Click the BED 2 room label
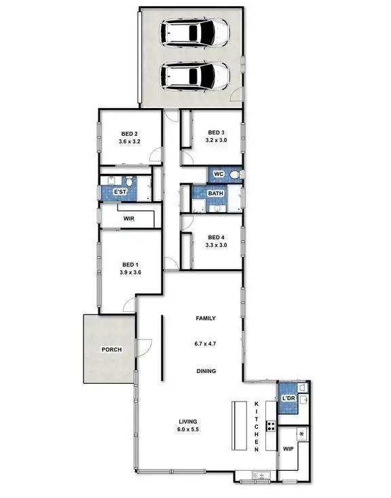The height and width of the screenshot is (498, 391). coord(130,133)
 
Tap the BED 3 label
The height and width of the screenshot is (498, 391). coord(216,132)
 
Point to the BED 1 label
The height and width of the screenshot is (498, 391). coord(130,264)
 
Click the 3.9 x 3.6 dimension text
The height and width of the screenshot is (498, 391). coord(130,273)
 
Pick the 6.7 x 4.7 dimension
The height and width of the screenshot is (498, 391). coord(205,344)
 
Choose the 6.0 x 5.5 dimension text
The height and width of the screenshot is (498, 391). coord(187,429)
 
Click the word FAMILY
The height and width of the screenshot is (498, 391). coord(205,318)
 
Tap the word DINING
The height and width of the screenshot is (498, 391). coord(205,371)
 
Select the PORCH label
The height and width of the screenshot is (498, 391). coord(111,350)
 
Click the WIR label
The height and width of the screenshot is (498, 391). coord(128,219)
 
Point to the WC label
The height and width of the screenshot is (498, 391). coord(218,175)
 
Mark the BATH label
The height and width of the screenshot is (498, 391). coord(216,194)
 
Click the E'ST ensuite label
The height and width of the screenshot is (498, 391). coord(120,193)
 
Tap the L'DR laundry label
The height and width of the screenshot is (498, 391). coord(287,399)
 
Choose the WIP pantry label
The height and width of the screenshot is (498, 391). coord(288,449)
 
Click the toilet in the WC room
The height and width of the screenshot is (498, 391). coord(234,175)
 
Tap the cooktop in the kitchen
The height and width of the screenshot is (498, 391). coord(270,427)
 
